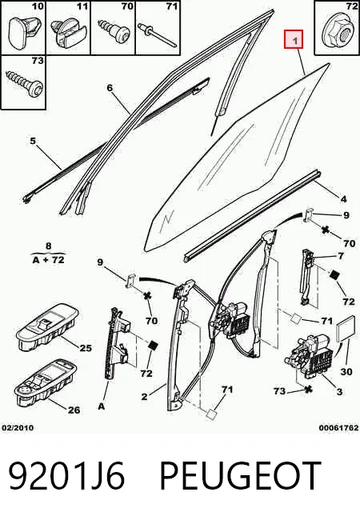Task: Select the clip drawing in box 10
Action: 24,29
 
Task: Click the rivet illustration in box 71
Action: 158,34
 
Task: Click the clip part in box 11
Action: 68,33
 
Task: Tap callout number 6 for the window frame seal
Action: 110,88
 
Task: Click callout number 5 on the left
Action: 33,141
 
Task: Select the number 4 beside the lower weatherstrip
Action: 343,199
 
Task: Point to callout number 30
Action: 346,372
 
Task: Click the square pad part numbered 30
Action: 344,329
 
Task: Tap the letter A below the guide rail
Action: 101,406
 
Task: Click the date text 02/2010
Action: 18,428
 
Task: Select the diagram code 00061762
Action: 338,428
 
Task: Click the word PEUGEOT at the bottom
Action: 241,475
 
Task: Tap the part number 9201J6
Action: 66,475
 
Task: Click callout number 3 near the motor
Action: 339,392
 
